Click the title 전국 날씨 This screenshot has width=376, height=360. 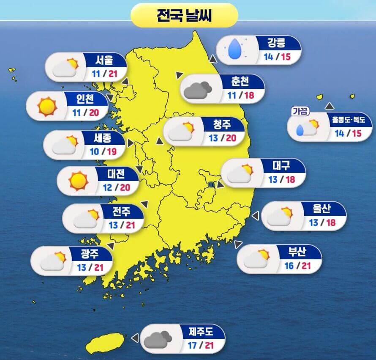point(184,16)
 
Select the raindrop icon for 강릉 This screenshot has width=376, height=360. point(234,49)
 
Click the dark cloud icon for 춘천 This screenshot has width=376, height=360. point(197,88)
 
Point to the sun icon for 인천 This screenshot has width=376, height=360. point(47,106)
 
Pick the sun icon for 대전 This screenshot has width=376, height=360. point(78,180)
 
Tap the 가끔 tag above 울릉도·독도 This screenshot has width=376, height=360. point(300,112)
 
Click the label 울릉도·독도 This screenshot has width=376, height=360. point(349,120)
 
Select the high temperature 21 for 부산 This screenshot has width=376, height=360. point(306,266)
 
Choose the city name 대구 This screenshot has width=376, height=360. point(282,166)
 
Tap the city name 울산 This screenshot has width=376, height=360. point(322,209)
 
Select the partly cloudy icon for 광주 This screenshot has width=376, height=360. point(54,261)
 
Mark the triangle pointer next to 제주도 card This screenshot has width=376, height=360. point(135,338)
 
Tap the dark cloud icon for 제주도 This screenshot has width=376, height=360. point(157,338)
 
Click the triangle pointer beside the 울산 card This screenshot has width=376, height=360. point(255,216)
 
